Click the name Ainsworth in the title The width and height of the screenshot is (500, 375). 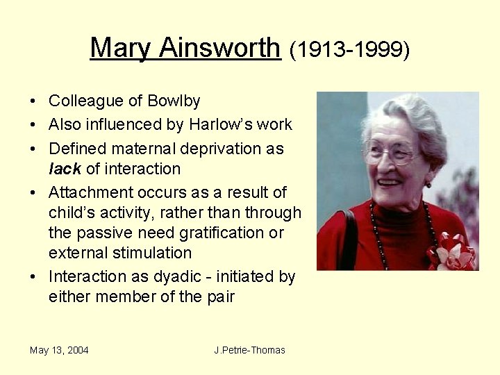[x=219, y=48]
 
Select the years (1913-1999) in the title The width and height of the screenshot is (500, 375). [x=350, y=49]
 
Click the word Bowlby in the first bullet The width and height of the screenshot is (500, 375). [x=174, y=101]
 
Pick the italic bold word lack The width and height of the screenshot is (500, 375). [x=65, y=169]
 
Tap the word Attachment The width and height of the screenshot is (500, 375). [x=88, y=192]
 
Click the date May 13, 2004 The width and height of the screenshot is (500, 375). [x=59, y=350]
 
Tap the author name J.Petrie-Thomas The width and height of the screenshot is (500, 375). [x=249, y=350]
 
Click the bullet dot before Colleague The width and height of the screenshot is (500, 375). [x=34, y=101]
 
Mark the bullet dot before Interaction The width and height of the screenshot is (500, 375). [x=34, y=277]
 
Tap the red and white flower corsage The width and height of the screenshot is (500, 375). [x=451, y=251]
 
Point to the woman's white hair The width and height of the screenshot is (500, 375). [x=410, y=111]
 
